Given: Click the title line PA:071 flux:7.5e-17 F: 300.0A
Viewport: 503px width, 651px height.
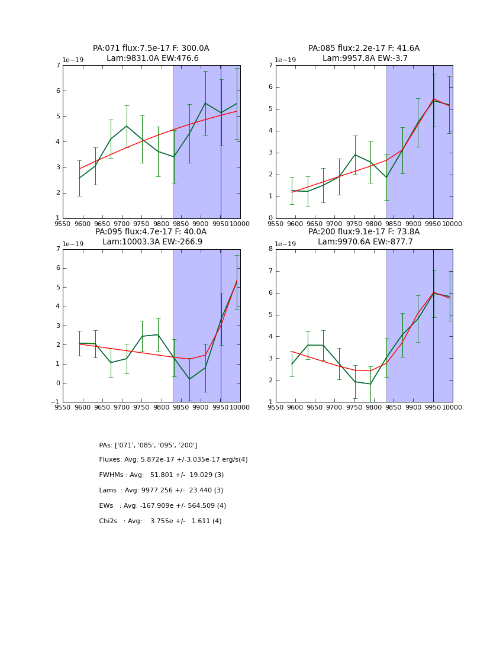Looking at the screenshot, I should (151, 49).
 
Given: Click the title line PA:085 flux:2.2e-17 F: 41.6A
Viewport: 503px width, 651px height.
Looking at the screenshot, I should (363, 49).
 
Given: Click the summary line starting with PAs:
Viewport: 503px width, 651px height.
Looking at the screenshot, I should (148, 445).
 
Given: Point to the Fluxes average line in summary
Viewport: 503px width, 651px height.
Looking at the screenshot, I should (173, 460).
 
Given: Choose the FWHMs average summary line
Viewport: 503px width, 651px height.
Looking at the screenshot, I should (161, 475).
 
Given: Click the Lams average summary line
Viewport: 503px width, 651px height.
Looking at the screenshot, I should (161, 491).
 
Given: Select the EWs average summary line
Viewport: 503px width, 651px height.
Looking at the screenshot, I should (162, 506).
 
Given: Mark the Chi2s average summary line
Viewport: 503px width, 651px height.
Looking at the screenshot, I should (160, 521).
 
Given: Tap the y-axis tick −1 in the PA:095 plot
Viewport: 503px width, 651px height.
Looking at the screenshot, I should (56, 402).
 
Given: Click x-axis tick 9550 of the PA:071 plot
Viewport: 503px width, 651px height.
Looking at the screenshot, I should (63, 224).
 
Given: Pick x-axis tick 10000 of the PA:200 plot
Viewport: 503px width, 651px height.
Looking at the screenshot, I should (452, 408).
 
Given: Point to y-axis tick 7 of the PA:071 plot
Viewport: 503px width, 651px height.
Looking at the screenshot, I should (57, 65).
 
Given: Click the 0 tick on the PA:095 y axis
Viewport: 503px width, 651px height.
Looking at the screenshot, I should (57, 383).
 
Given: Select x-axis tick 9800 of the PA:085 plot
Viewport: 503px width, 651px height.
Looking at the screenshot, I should (374, 224).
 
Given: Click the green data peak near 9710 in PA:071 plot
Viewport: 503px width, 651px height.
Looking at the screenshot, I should (126, 125).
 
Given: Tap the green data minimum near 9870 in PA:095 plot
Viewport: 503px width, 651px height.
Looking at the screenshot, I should (189, 379).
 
